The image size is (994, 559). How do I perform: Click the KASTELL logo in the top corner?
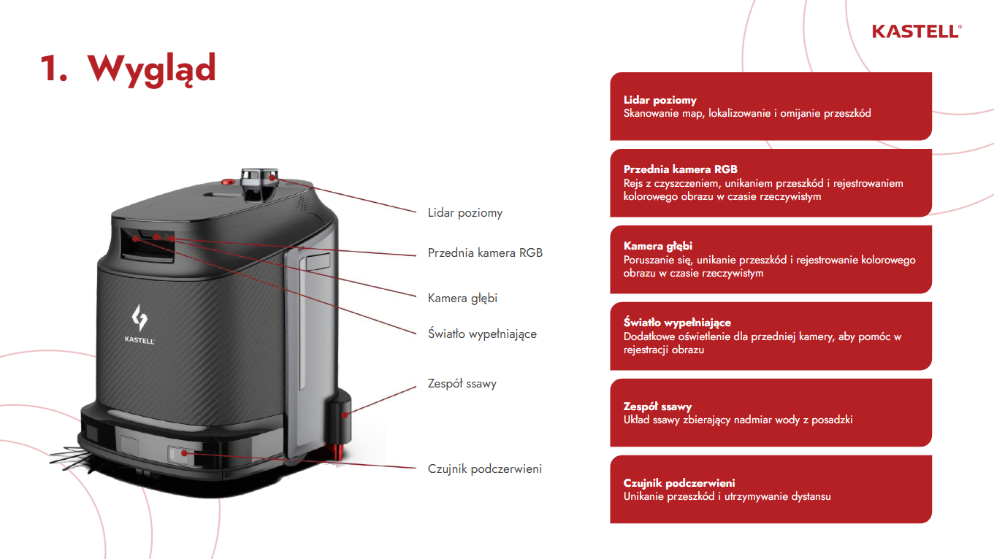tap(917, 31)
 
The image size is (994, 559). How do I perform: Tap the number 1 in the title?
tap(52, 69)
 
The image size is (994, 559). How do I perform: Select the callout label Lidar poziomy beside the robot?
tap(464, 213)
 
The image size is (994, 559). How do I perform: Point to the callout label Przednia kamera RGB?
tap(485, 253)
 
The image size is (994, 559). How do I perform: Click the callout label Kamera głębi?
tap(462, 298)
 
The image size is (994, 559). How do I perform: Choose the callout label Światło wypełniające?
tap(482, 334)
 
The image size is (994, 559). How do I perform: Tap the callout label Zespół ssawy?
tap(462, 384)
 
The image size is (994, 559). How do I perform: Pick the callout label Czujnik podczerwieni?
tap(484, 469)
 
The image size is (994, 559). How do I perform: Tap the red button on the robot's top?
tap(228, 182)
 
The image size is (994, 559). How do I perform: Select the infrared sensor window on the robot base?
tap(179, 454)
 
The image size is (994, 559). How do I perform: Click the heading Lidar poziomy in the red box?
tap(660, 100)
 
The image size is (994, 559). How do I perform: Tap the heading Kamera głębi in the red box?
tap(657, 246)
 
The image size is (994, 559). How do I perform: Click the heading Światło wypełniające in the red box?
tap(677, 323)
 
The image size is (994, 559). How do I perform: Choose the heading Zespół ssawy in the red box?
tap(657, 406)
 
